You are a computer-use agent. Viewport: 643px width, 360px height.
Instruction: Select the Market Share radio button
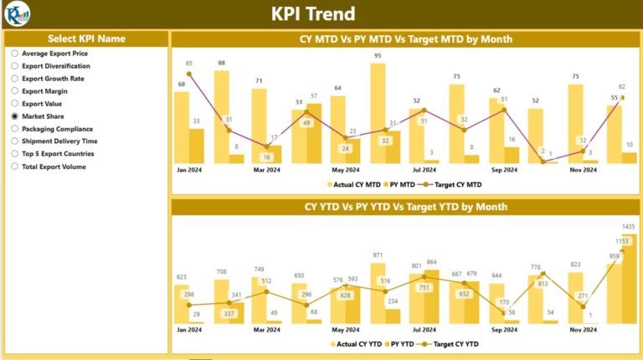click(15, 116)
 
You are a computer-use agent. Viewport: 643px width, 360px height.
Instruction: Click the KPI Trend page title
click(313, 14)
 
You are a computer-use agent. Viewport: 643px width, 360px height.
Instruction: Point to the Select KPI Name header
click(86, 39)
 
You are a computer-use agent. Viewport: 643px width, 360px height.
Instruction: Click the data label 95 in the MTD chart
click(378, 56)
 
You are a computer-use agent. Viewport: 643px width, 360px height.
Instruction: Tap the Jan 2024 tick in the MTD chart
click(188, 170)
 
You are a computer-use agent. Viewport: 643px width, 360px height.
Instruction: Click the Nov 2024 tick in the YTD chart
click(584, 331)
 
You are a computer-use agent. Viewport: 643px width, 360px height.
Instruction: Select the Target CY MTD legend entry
click(456, 183)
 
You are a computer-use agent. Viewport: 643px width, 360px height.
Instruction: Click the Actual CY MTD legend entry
click(351, 183)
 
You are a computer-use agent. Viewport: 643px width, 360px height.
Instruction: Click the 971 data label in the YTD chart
click(378, 255)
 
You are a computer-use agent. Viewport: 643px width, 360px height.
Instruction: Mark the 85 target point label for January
click(189, 64)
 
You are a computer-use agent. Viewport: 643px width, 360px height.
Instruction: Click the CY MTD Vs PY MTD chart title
click(406, 39)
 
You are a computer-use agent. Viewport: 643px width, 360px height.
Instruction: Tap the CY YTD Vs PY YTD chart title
click(406, 207)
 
